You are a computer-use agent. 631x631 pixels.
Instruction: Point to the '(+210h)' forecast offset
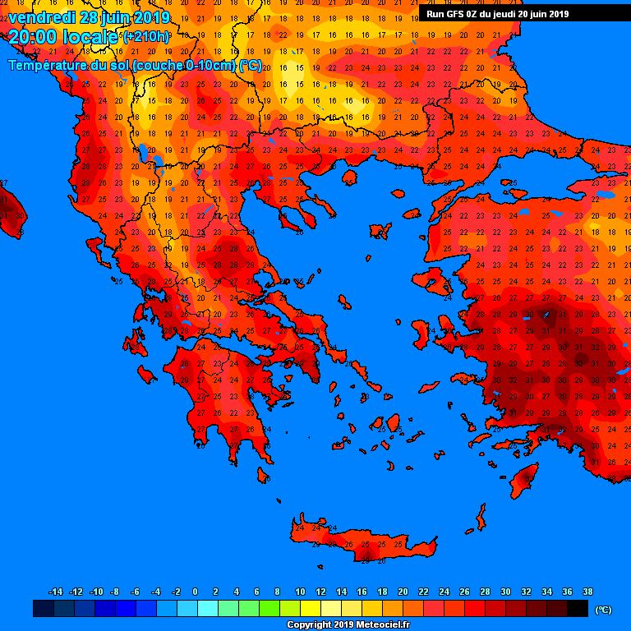tap(145, 37)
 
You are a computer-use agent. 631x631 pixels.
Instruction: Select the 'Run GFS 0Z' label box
tap(497, 13)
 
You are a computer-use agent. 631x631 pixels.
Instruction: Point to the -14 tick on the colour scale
tap(56, 592)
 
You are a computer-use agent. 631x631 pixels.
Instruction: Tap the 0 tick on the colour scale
tap(195, 592)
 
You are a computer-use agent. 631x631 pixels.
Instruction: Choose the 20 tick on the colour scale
tap(403, 592)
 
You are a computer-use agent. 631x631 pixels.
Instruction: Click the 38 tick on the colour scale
tap(587, 592)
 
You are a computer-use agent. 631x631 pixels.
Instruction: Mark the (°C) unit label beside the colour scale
tap(602, 610)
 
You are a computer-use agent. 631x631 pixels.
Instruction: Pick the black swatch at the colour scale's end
tap(578, 608)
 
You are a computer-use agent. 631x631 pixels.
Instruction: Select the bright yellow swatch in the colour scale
tap(311, 608)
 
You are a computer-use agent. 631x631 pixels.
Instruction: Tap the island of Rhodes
tap(523, 480)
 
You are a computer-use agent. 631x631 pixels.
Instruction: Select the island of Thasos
tap(348, 177)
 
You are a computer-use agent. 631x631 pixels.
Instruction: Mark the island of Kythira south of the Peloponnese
tap(264, 475)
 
